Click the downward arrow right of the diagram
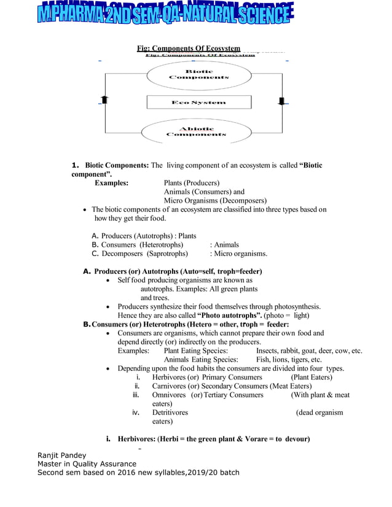click(282, 101)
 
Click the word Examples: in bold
click(111, 182)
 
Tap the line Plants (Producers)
click(191, 182)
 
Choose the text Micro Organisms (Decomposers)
click(214, 200)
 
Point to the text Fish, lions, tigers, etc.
click(289, 360)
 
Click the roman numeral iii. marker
click(138, 395)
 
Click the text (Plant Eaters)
click(311, 377)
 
